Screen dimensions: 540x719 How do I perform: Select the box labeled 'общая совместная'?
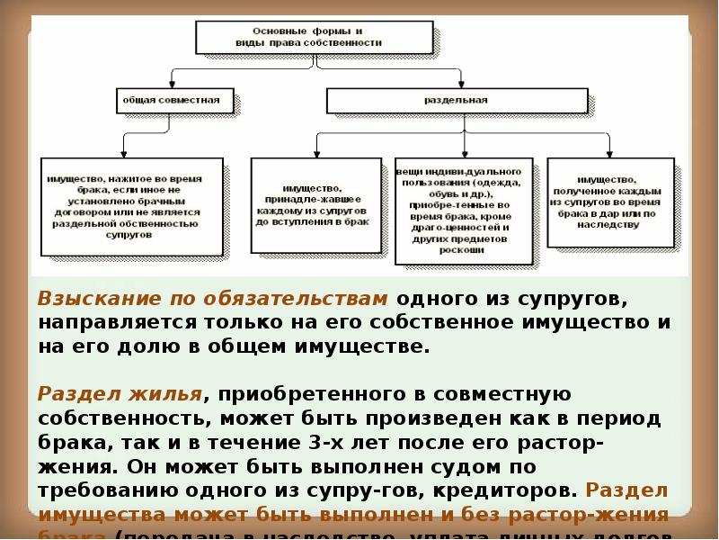click(x=174, y=100)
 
